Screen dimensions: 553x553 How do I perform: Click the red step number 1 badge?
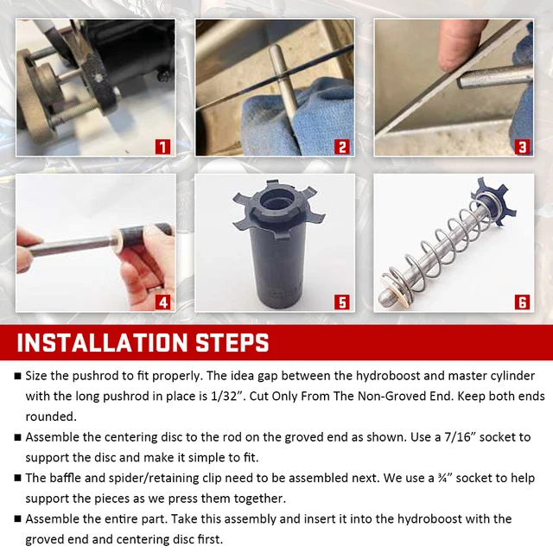point(162,147)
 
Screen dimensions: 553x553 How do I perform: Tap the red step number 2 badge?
point(342,147)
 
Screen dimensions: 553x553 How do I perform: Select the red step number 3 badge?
point(522,147)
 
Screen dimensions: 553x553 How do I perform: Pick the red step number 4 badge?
point(162,302)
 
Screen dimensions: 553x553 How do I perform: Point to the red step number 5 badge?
point(342,302)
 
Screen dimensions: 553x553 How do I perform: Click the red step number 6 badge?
point(522,302)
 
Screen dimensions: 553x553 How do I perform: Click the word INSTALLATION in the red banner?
point(102,342)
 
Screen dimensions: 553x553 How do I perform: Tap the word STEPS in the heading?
point(232,342)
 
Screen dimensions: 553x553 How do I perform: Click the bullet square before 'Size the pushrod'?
point(17,376)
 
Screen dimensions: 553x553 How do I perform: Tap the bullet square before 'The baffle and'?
point(17,478)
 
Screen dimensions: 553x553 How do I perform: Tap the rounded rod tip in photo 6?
point(385,299)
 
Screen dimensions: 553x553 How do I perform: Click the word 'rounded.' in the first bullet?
point(51,416)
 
